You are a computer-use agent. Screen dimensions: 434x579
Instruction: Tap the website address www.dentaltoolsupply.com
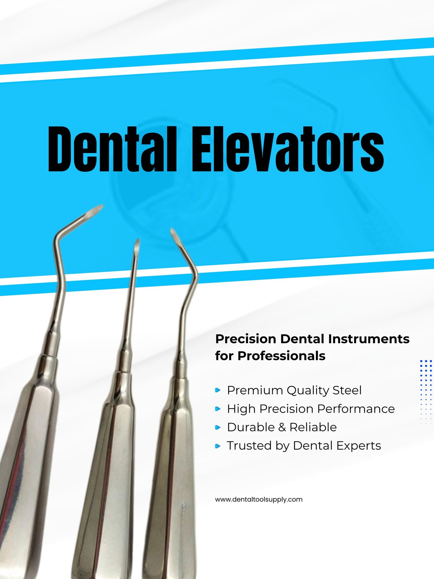(x=259, y=500)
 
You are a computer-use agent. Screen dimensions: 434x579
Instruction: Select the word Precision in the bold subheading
(x=246, y=339)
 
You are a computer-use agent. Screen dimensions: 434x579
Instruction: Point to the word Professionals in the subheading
(x=281, y=356)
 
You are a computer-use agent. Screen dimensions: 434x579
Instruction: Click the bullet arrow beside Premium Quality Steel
(x=218, y=390)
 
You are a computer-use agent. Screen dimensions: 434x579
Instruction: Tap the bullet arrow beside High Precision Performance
(x=218, y=409)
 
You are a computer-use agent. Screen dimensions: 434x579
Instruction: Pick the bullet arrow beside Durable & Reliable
(x=218, y=428)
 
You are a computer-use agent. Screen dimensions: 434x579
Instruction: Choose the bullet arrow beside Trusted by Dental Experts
(x=218, y=446)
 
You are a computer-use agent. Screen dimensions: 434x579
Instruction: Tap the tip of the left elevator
(x=102, y=206)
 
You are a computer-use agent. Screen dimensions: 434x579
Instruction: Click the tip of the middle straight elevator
(x=138, y=240)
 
